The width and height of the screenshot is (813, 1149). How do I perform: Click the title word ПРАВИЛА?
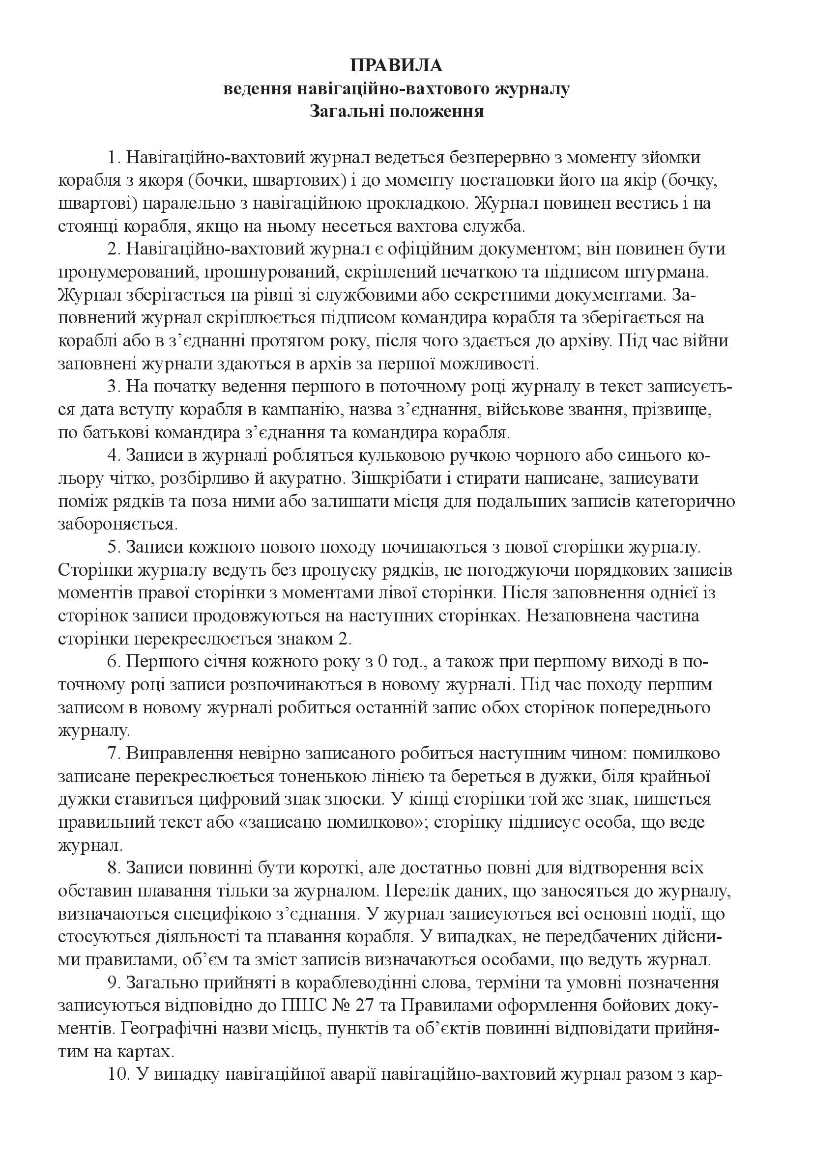(396, 65)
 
